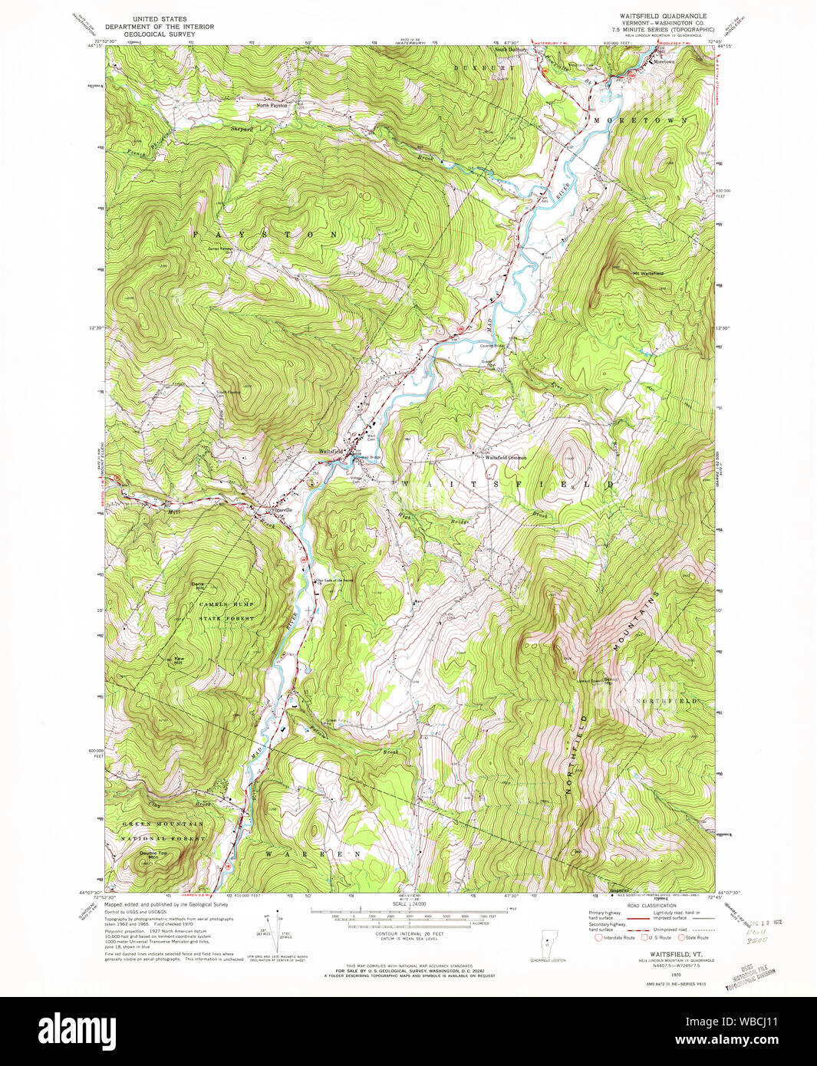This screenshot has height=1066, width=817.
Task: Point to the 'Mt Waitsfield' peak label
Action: tap(647, 273)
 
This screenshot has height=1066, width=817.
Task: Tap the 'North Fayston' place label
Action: tap(272, 105)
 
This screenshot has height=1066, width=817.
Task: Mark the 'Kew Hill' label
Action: tap(180, 660)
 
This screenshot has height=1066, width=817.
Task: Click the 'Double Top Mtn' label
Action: tap(153, 854)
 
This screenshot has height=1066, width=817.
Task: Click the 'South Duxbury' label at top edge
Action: tap(510, 50)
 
